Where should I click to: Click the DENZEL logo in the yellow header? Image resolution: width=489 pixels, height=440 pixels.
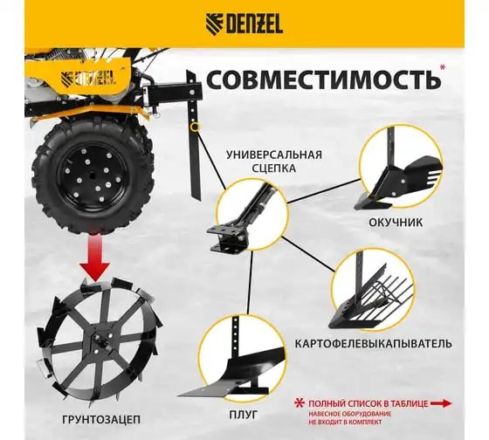tap(244, 24)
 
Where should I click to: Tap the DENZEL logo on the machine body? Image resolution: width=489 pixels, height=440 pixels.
tap(88, 78)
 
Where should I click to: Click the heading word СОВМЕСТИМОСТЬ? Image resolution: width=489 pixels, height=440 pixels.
tap(323, 79)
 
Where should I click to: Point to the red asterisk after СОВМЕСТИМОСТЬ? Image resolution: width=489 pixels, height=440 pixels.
tap(442, 67)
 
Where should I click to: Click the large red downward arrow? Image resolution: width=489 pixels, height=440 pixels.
tap(94, 258)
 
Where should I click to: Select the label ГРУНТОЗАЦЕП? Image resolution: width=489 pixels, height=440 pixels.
tap(101, 420)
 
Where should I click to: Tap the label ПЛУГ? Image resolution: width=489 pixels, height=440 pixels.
tap(244, 415)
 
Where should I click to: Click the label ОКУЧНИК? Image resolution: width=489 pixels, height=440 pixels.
tap(396, 223)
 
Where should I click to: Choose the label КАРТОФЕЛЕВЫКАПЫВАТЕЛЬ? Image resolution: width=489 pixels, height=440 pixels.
tap(374, 344)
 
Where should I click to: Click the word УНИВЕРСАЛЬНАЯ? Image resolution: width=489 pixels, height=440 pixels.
tap(274, 155)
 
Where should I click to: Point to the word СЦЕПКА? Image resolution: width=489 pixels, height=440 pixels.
tap(273, 168)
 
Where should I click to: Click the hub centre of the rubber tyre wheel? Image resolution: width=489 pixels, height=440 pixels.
tap(93, 175)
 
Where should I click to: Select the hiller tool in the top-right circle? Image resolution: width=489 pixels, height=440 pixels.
tap(397, 178)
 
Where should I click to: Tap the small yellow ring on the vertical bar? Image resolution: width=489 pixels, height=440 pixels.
tap(196, 127)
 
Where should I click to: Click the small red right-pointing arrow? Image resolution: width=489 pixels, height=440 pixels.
tap(441, 403)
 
